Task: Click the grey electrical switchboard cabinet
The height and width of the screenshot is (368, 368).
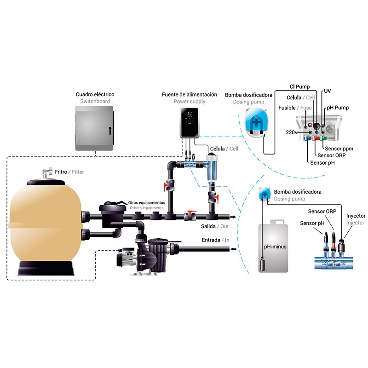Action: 94,128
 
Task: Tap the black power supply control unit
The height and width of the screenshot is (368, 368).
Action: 190,122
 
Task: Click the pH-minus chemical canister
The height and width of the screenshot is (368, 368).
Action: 273,246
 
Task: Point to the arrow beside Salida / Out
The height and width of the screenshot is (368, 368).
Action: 233,217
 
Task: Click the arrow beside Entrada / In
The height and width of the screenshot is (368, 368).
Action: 233,249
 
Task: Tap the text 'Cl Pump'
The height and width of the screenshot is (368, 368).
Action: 300,86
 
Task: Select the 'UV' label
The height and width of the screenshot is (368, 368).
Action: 328,91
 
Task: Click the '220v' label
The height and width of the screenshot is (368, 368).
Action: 291,132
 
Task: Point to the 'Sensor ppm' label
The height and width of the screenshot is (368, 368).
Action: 339,149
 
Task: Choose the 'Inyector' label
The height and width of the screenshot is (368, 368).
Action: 356,216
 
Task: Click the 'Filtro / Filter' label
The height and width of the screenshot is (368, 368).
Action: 69,172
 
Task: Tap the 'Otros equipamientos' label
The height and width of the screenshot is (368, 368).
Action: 146,202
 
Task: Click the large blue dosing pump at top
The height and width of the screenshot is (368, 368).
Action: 256,122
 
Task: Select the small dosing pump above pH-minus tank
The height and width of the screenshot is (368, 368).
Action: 264,194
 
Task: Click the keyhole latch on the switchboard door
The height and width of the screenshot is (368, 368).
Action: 110,131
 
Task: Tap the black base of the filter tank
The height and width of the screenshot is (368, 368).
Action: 46,268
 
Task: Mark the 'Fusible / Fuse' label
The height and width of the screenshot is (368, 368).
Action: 295,108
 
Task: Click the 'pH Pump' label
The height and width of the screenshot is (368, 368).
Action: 338,108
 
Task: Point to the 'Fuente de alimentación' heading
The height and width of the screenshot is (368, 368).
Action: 190,95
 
